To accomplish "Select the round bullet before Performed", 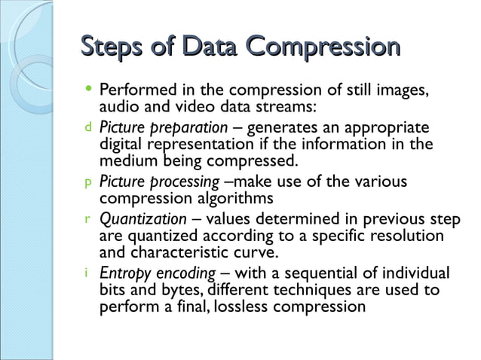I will pos(88,89).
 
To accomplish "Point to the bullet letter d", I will pos(87,127).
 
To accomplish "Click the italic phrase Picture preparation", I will pos(164,127).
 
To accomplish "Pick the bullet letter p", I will pos(87,182).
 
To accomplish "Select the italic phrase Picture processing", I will pos(161,182).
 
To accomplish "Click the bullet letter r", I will pos(87,220).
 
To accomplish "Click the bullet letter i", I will pos(87,274).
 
